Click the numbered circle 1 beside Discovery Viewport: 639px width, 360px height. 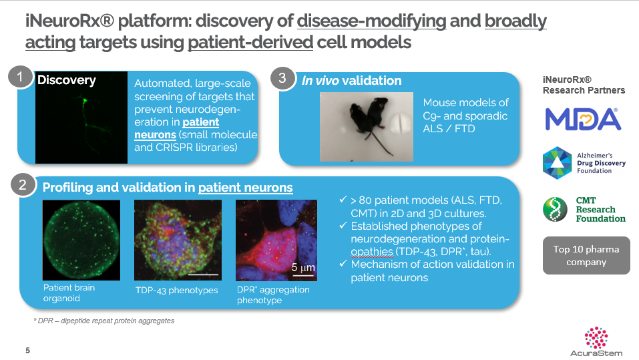click(x=20, y=77)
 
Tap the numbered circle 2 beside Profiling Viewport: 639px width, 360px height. click(x=23, y=185)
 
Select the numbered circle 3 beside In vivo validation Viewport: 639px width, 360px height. click(x=282, y=78)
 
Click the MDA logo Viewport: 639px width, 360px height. click(x=583, y=119)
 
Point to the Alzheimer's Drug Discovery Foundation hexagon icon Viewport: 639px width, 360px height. click(x=557, y=163)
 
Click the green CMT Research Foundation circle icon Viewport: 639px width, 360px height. click(x=555, y=209)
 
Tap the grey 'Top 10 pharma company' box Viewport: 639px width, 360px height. click(x=586, y=256)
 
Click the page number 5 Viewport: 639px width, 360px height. click(x=28, y=350)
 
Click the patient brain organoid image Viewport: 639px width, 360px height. click(x=81, y=240)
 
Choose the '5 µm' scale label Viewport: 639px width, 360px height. click(x=303, y=268)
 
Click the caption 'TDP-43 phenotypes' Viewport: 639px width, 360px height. click(x=176, y=291)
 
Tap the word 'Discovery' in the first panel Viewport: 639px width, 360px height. click(x=66, y=80)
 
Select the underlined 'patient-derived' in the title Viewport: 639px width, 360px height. click(x=250, y=42)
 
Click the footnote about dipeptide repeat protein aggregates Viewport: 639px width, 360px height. click(x=103, y=321)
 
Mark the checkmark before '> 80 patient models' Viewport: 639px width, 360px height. click(x=343, y=200)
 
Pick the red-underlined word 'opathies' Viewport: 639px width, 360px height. click(x=372, y=252)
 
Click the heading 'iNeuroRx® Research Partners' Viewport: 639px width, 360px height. click(x=584, y=85)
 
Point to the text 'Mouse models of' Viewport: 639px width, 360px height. click(x=466, y=102)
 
